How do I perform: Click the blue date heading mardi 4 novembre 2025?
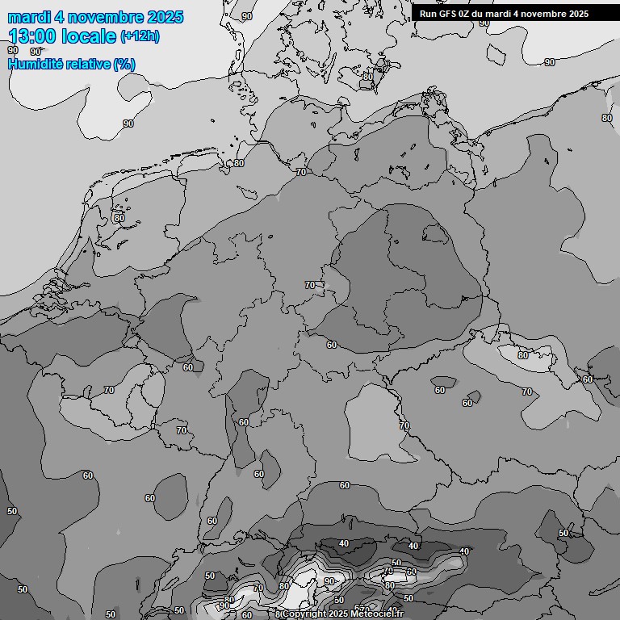pyautogui.click(x=95, y=17)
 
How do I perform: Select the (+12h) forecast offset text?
pyautogui.click(x=140, y=36)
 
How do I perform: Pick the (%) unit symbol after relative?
pyautogui.click(x=124, y=65)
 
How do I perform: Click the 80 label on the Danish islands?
pyautogui.click(x=367, y=77)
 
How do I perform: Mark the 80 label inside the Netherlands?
pyautogui.click(x=119, y=218)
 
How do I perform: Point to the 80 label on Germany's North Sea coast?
pyautogui.click(x=238, y=163)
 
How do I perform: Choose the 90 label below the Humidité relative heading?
pyautogui.click(x=128, y=124)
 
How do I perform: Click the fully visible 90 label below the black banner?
pyautogui.click(x=550, y=62)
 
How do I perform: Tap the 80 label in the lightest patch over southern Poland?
pyautogui.click(x=522, y=355)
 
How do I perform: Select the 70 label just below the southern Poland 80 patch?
pyautogui.click(x=526, y=392)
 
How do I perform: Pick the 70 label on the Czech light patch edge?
pyautogui.click(x=404, y=425)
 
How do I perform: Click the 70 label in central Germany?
pyautogui.click(x=310, y=285)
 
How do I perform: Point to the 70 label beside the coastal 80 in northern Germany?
pyautogui.click(x=301, y=172)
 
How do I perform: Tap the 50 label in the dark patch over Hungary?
pyautogui.click(x=563, y=533)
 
